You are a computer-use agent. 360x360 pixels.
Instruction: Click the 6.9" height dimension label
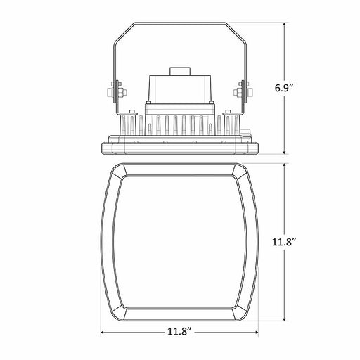coord(284,89)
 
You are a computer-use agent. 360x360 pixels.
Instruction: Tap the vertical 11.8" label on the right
coord(285,242)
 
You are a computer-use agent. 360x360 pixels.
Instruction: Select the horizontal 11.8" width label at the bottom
coord(179,332)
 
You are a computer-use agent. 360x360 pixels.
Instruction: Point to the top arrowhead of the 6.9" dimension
coord(284,25)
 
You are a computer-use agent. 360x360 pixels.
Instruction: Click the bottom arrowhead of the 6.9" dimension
coord(284,152)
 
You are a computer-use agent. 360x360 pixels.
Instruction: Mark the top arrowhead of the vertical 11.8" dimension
coord(284,166)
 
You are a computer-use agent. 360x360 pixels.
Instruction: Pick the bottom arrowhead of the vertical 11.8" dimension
coord(284,319)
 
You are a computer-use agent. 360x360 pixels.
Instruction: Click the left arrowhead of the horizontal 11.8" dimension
coord(103,332)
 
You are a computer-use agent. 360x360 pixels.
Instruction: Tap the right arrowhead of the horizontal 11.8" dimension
coord(255,332)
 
